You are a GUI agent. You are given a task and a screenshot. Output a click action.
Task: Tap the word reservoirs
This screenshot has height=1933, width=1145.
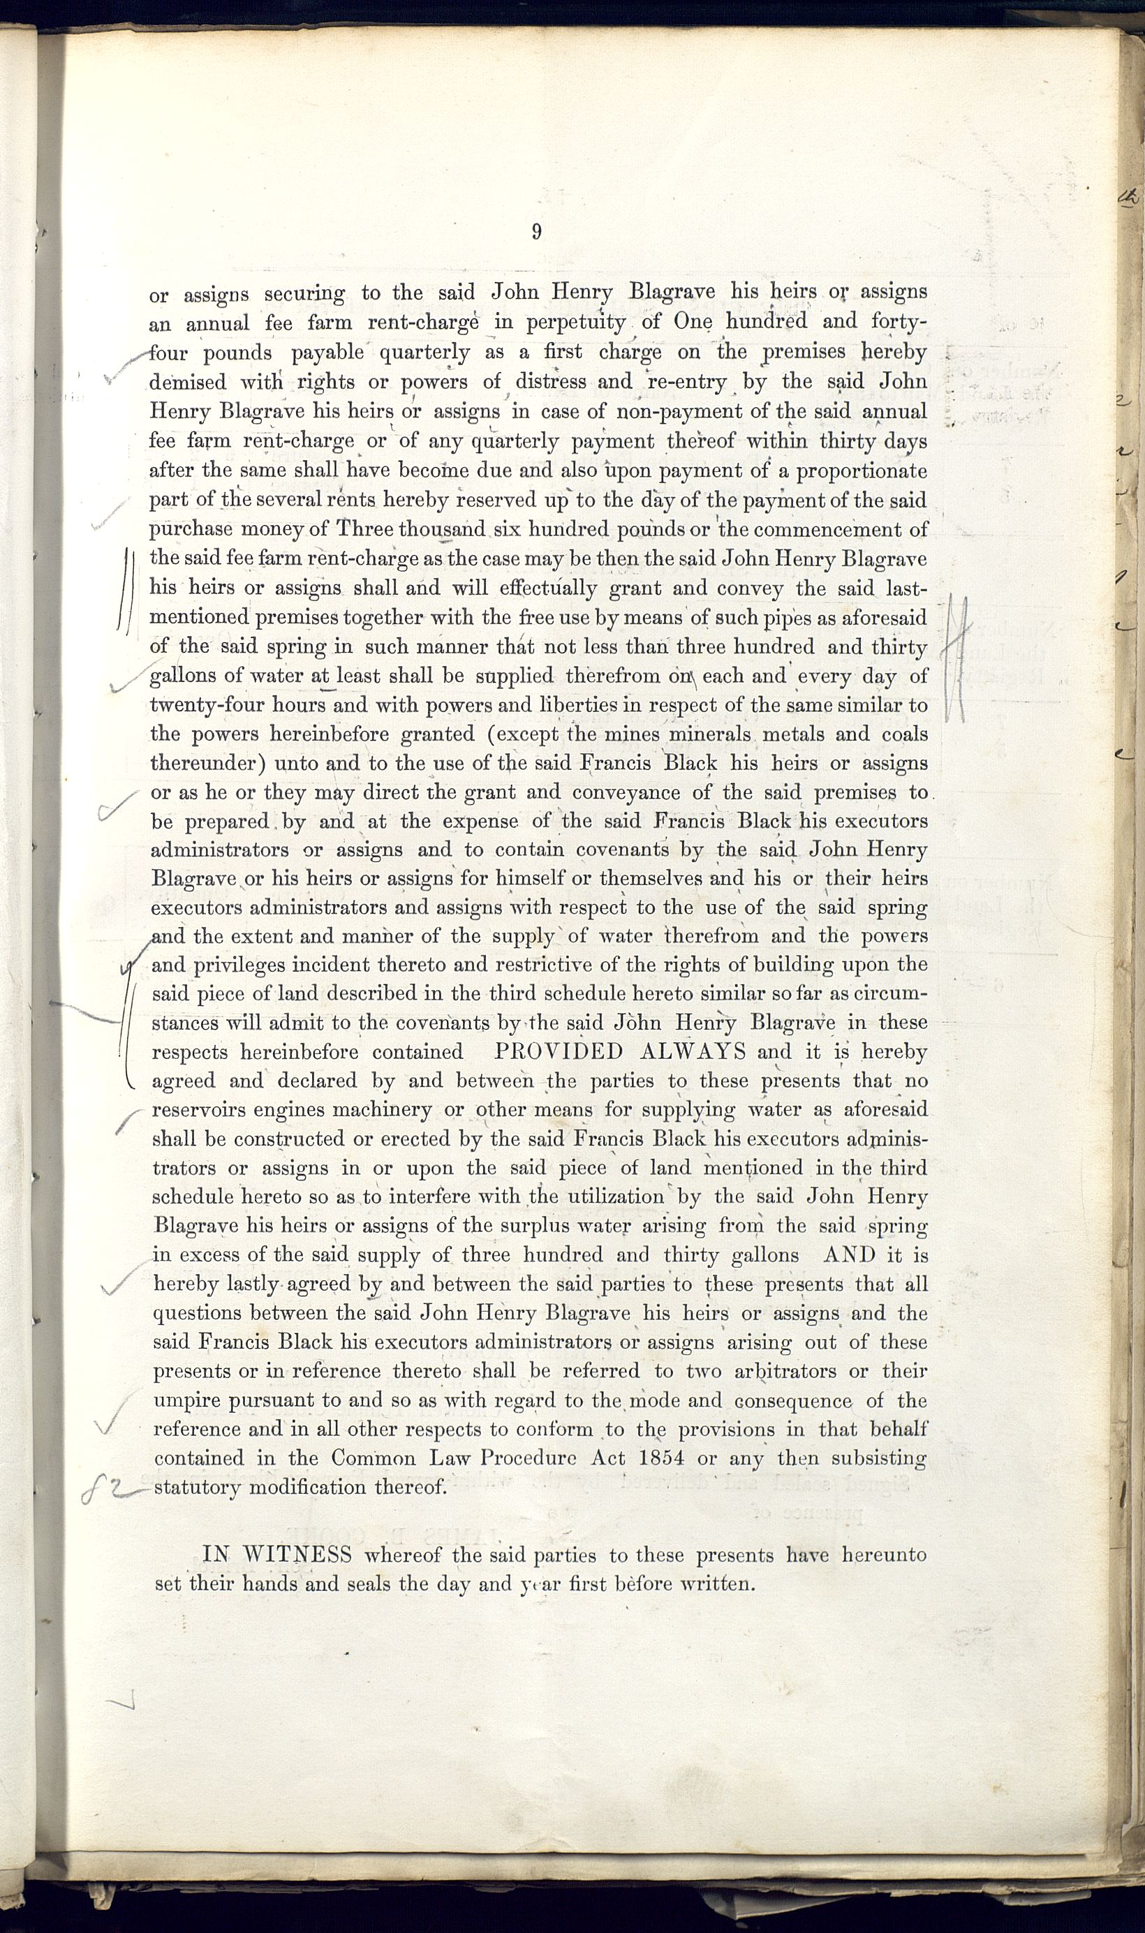(198, 1111)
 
